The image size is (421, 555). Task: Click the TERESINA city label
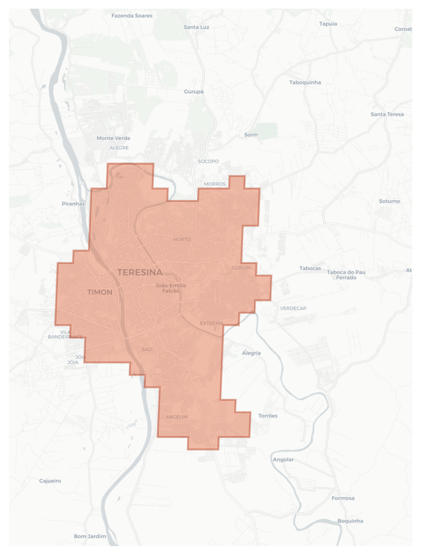140,272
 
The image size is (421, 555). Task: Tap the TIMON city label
100,292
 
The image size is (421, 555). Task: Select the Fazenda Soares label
132,16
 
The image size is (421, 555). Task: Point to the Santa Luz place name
196,27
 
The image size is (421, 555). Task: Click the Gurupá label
194,92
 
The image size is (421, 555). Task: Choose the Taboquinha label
305,82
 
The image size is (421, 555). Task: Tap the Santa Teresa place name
387,114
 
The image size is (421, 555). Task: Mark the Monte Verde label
113,138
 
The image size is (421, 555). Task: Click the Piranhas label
73,204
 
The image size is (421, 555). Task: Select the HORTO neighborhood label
182,239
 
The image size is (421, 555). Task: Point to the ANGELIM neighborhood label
177,417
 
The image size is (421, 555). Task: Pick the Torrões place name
268,416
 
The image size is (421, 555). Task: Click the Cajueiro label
50,481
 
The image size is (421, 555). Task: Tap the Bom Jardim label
90,536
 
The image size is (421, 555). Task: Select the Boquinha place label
350,521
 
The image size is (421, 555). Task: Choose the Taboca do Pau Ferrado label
346,275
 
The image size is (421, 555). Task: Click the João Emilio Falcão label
171,288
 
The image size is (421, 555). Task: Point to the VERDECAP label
293,308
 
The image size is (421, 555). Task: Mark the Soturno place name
389,201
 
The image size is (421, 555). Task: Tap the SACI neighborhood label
147,349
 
